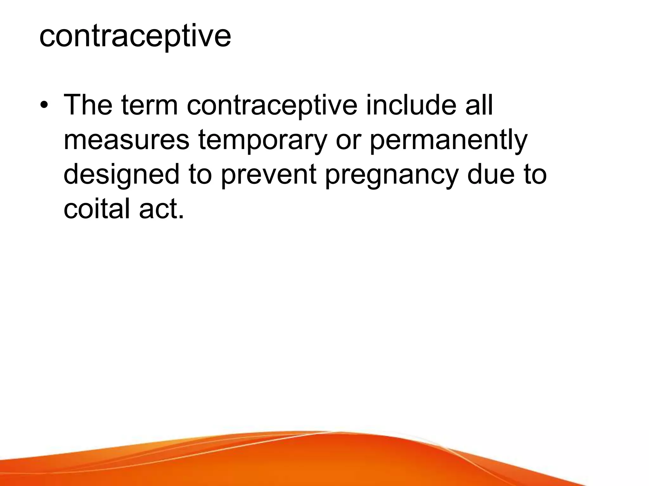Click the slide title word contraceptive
pyautogui.click(x=135, y=37)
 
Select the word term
pyautogui.click(x=149, y=105)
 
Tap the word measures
pyautogui.click(x=126, y=140)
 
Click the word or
pyautogui.click(x=348, y=140)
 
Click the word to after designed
pyautogui.click(x=200, y=175)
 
